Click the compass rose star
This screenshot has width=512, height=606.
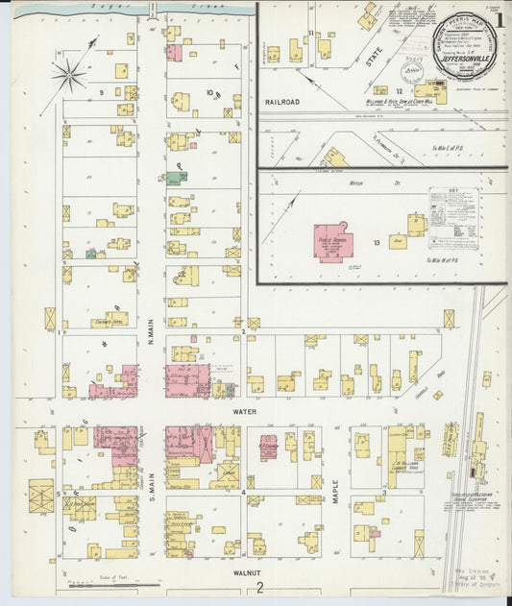[x=68, y=76]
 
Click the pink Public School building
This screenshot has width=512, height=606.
[x=333, y=242]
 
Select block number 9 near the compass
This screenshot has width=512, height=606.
[x=100, y=92]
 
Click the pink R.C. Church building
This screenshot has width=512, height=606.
[x=268, y=448]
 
